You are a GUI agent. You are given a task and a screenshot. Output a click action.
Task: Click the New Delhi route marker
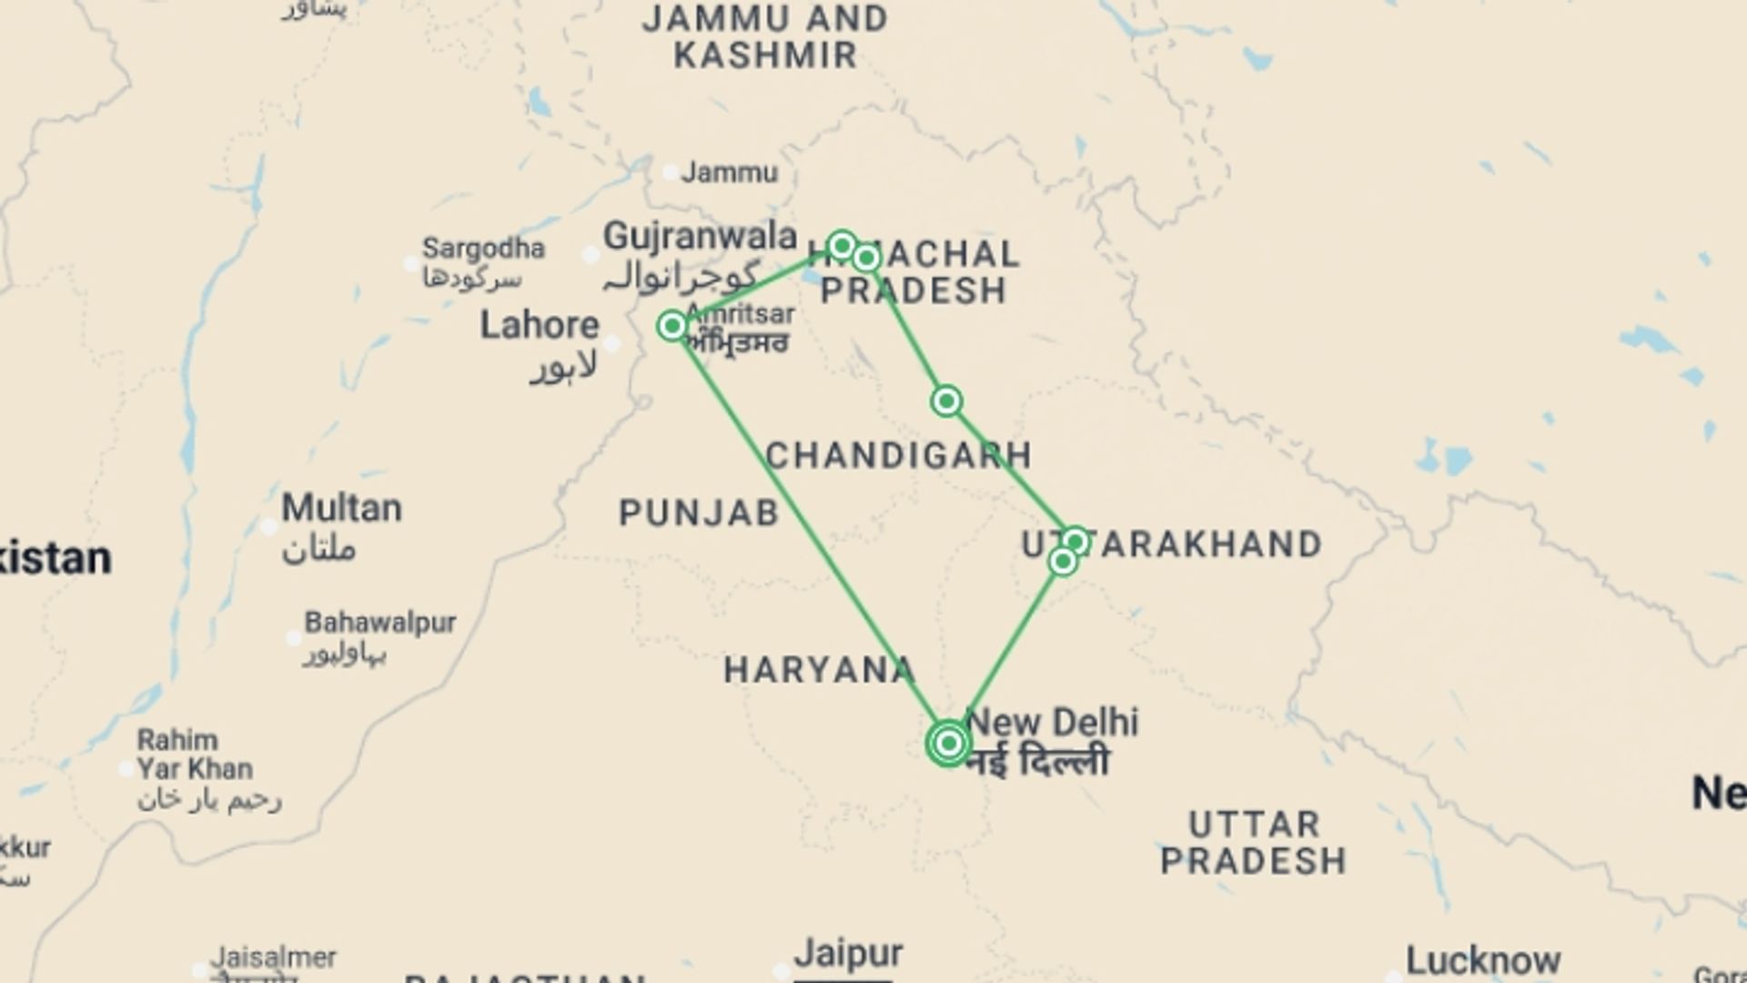pos(948,744)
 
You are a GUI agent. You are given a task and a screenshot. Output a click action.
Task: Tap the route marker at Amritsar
pos(672,326)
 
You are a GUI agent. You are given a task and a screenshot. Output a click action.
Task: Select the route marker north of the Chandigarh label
pos(946,401)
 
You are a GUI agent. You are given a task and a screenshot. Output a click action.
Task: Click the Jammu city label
pos(730,172)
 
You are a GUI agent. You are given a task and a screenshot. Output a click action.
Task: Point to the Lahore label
pos(540,326)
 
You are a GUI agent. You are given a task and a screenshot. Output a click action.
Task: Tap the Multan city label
pos(341,508)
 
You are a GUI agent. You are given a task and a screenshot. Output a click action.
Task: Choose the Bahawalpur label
pos(380,623)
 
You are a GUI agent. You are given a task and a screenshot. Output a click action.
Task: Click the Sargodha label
pos(483,248)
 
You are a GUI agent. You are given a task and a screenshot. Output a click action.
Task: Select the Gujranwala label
pos(700,237)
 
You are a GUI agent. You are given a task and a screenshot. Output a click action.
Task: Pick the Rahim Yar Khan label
pos(195,755)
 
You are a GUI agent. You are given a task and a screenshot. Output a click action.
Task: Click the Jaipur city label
pos(848,954)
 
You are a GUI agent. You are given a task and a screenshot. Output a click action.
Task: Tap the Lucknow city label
pos(1483,960)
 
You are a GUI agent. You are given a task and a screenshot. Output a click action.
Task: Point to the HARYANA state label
pos(819,671)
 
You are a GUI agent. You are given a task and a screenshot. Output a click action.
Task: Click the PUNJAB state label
pos(699,513)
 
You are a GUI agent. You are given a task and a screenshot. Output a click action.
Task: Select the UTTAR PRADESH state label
pos(1254,843)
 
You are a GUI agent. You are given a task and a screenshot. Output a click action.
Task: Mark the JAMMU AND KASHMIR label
pos(764,36)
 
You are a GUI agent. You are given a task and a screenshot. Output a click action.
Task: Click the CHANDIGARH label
pos(899,455)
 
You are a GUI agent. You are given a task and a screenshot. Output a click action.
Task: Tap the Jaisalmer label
pos(273,958)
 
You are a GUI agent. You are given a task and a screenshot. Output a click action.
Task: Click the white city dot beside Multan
pos(268,527)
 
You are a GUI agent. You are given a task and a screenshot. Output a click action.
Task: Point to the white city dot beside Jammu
pos(671,172)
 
